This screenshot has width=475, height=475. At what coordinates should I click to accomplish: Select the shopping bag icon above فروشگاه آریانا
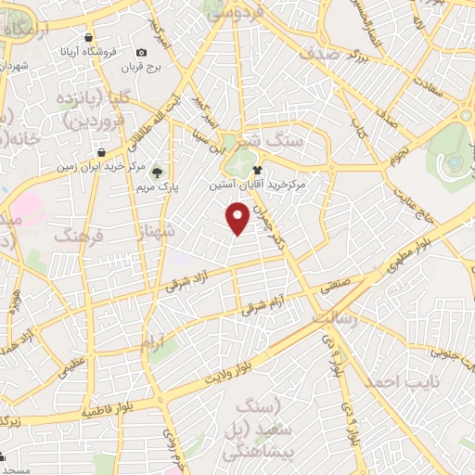pos(87,38)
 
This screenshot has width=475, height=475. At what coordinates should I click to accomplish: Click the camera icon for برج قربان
pos(142,53)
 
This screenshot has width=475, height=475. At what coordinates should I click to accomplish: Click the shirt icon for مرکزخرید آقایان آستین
pos(258,170)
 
